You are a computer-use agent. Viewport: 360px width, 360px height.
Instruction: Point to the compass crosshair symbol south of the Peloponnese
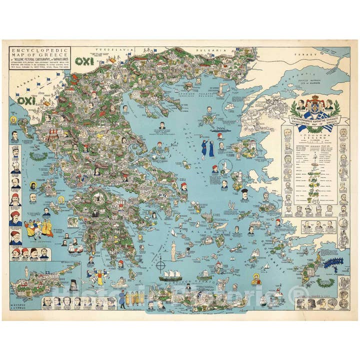tap(161, 265)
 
